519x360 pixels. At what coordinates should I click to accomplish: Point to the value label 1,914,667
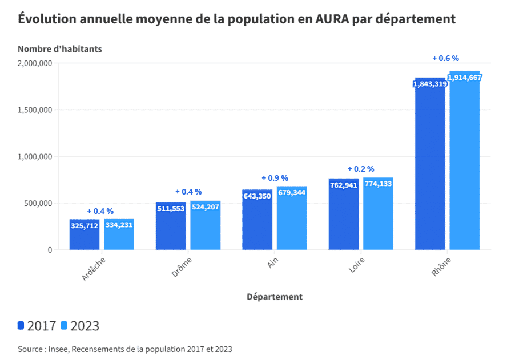point(465,78)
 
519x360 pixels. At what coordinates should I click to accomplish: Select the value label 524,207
point(206,208)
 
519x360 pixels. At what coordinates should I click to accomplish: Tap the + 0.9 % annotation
point(275,179)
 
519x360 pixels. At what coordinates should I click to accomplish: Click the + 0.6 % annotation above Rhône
point(445,58)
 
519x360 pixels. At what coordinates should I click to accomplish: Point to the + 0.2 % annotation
point(361,169)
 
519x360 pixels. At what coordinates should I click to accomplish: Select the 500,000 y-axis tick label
point(37,203)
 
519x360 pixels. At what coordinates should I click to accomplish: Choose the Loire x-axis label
point(356,265)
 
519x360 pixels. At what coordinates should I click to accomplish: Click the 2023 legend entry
point(80,326)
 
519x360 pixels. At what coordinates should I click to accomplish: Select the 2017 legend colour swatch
point(21,326)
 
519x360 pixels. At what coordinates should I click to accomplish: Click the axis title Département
point(275,297)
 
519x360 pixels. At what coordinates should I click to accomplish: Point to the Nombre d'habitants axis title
point(60,49)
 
